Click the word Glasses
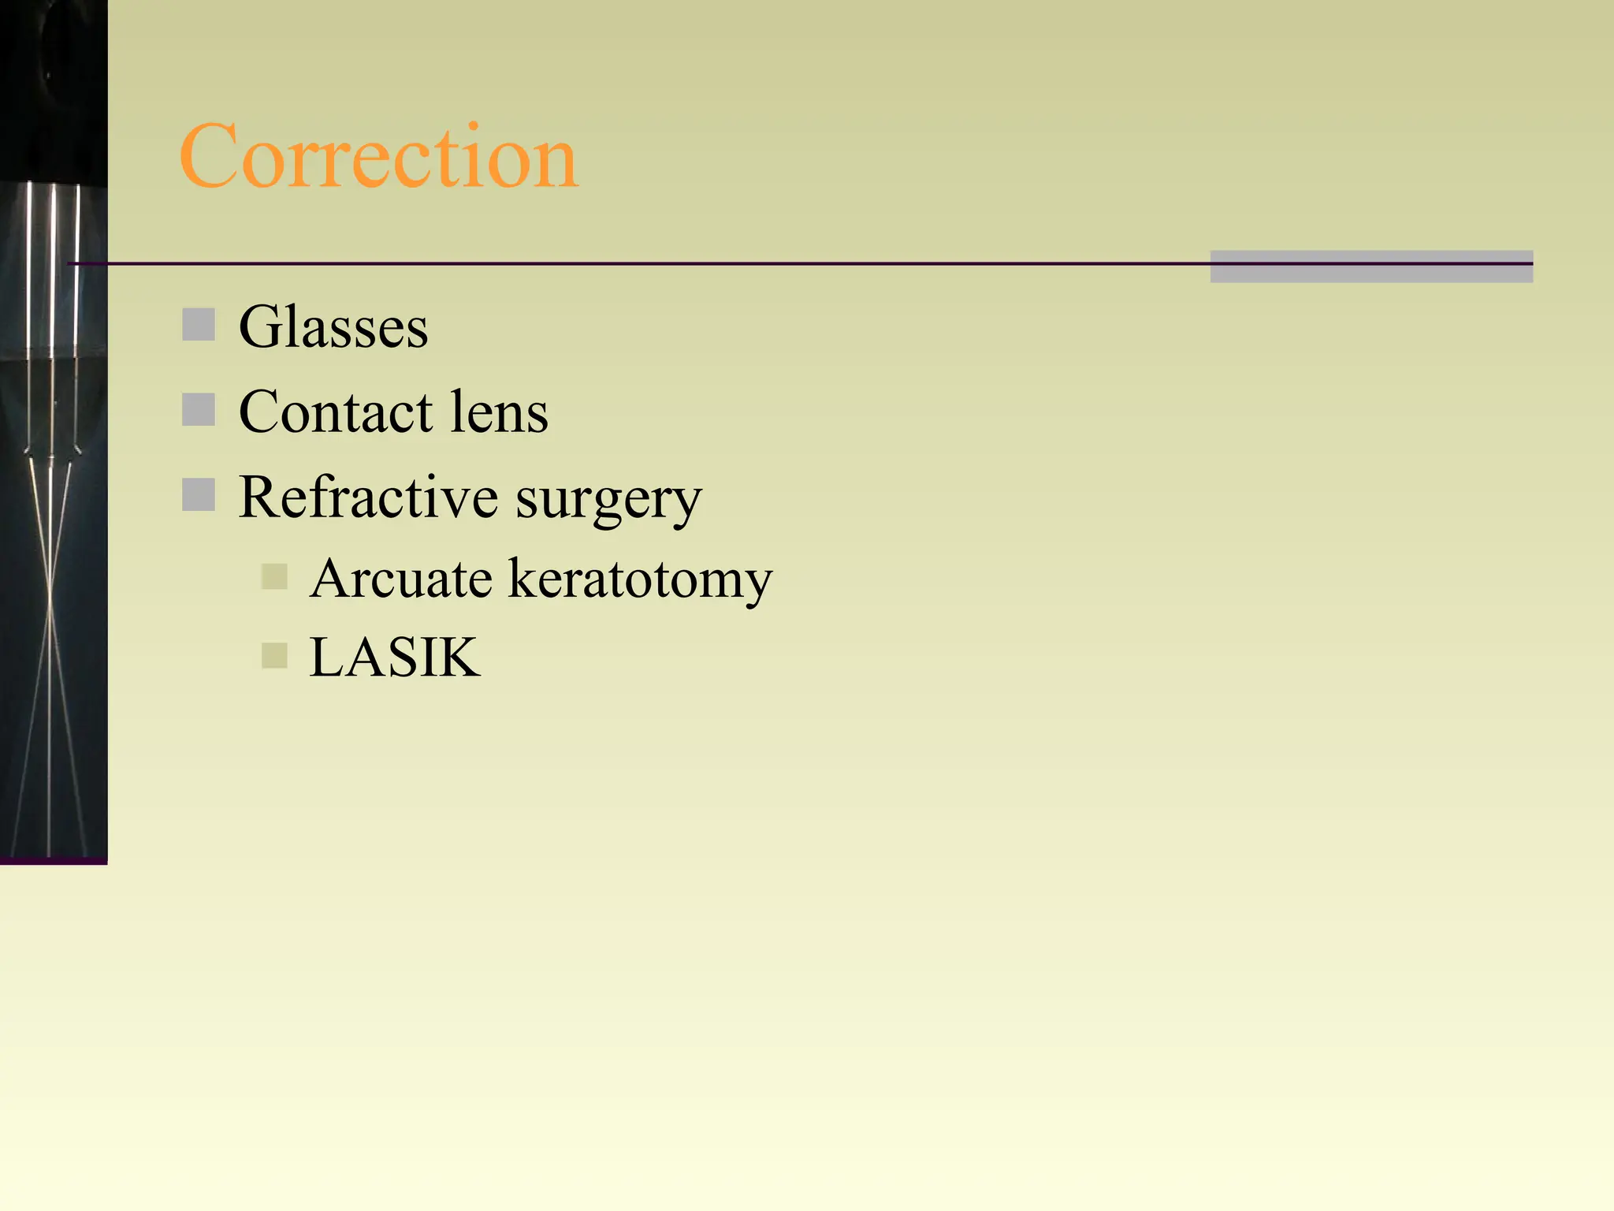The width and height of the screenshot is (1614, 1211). click(333, 326)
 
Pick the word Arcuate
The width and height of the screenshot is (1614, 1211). click(401, 578)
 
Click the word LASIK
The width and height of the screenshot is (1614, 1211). click(394, 657)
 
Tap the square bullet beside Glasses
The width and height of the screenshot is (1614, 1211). click(199, 325)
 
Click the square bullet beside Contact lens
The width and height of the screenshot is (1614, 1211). click(199, 410)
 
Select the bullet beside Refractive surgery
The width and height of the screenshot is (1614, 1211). click(199, 495)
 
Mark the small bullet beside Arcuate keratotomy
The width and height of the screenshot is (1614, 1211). click(274, 576)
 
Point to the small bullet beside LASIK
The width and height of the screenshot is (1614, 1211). click(274, 655)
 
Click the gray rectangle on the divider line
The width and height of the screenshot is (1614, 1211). click(1371, 266)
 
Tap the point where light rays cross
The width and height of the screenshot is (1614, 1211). click(50, 607)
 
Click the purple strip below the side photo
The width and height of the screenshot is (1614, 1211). click(54, 860)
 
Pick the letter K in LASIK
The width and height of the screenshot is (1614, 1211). click(459, 657)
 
